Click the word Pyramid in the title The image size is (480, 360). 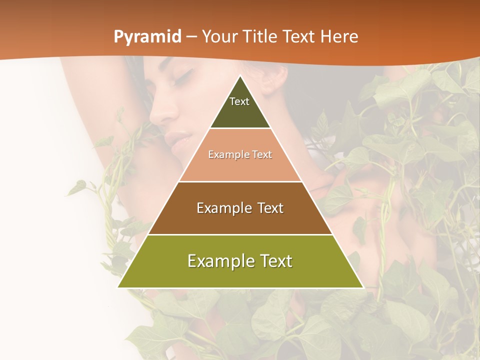(x=147, y=37)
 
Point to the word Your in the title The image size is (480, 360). (x=219, y=37)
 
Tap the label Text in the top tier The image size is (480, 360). (x=239, y=101)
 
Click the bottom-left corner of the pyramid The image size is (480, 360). (x=118, y=287)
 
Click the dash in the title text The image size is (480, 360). (x=191, y=37)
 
